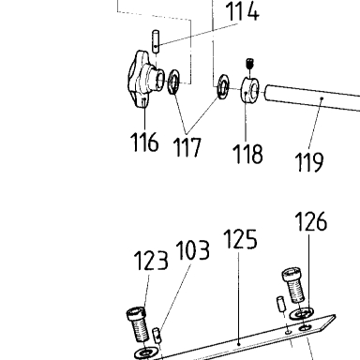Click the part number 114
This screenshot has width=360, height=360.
coord(242,11)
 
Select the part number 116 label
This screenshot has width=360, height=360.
coord(144,142)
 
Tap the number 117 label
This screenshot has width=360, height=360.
coord(187,147)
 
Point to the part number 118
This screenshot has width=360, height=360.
coord(247,154)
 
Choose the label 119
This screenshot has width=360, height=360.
coord(309,162)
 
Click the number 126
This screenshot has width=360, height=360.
coord(311,221)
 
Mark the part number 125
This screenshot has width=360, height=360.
coord(240,239)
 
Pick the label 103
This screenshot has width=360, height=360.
coord(193,250)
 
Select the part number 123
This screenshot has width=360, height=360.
coord(151,261)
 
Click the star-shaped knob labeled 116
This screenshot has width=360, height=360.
coord(142,80)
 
